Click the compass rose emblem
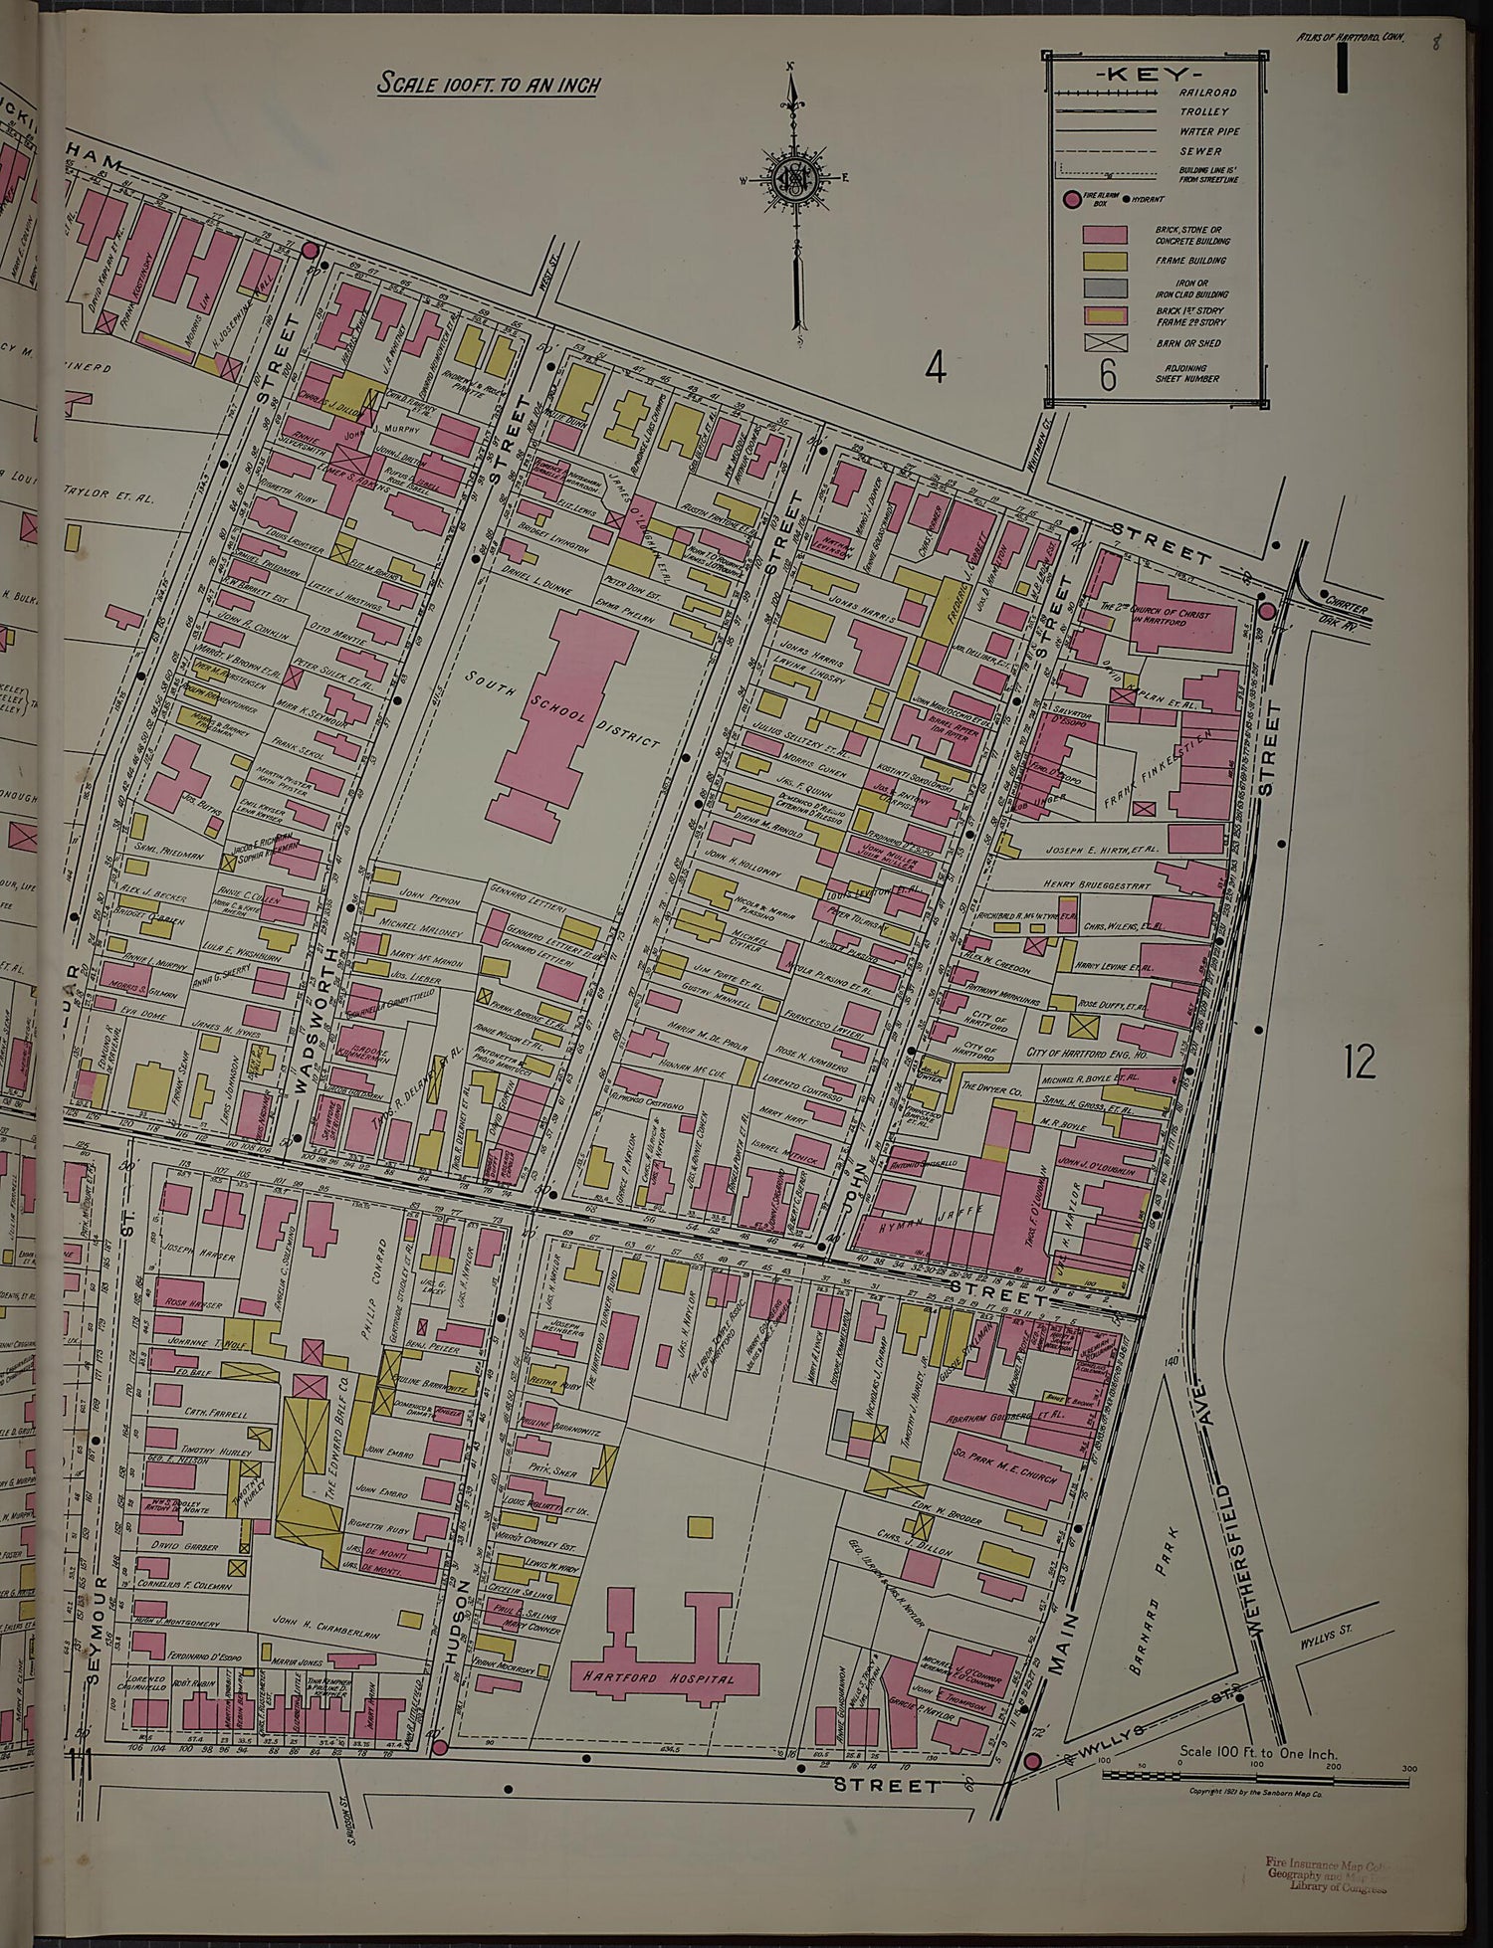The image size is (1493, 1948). pos(793,180)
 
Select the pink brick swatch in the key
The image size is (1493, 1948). pos(1105,235)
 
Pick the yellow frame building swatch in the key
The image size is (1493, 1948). pos(1105,261)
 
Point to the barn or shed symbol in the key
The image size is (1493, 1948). pos(1105,344)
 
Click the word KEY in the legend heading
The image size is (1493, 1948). pos(1154,76)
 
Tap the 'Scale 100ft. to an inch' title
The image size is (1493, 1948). pos(488,85)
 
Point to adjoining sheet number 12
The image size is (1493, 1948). pos(1359,1063)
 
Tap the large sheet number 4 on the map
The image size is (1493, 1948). pos(935,368)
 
